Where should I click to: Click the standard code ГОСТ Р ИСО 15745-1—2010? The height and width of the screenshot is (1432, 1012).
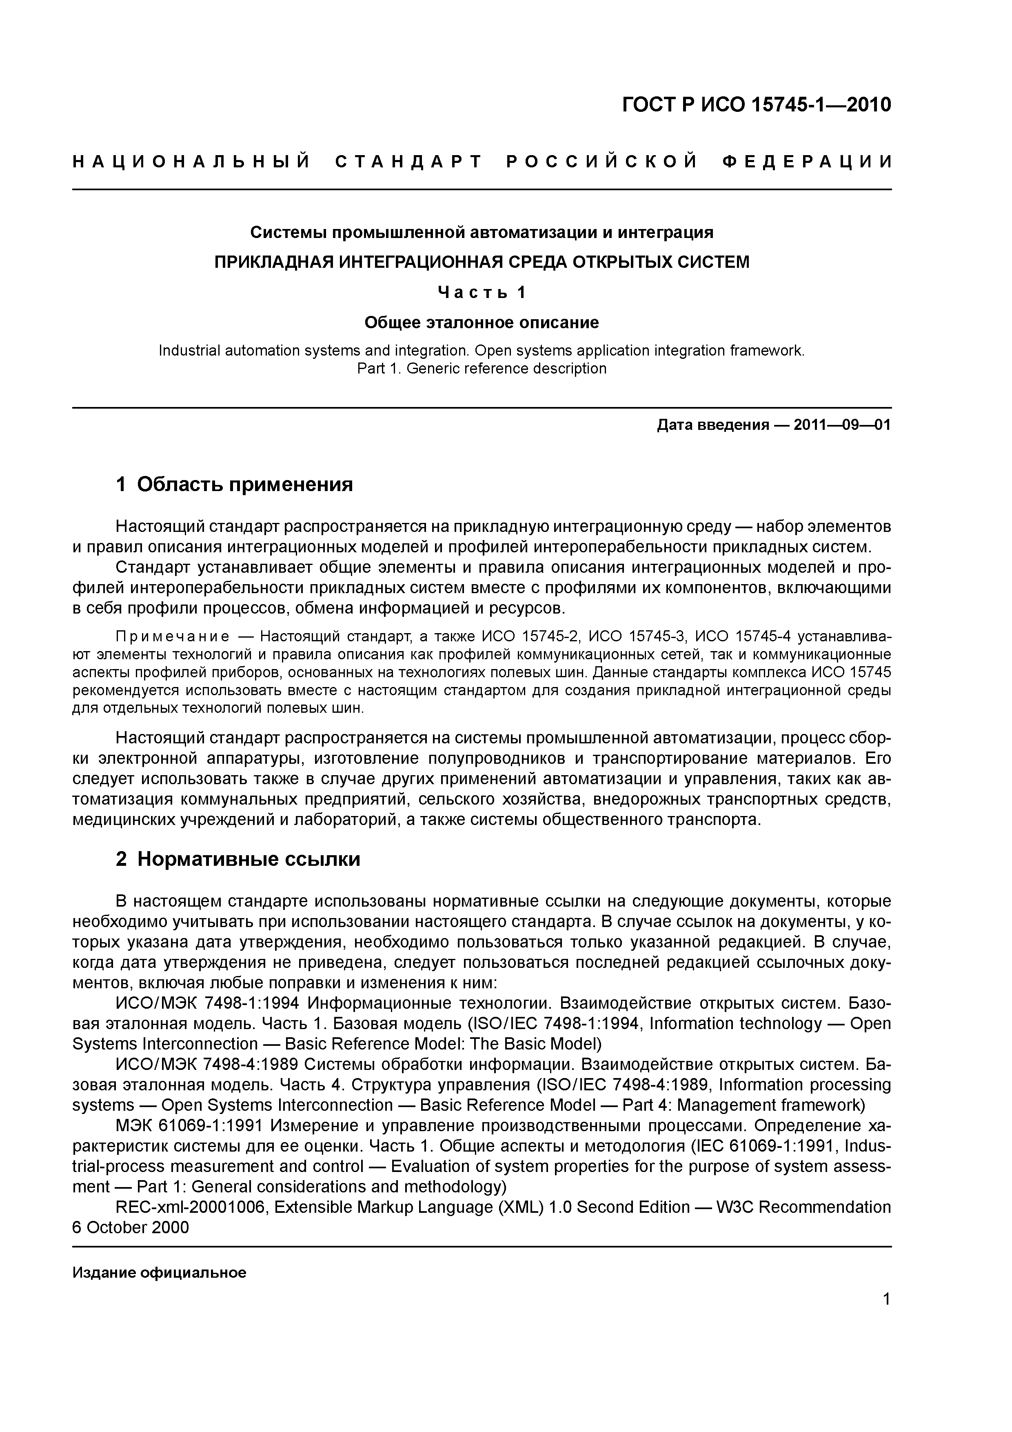[757, 105]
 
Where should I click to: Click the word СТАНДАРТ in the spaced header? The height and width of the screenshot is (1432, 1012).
[409, 162]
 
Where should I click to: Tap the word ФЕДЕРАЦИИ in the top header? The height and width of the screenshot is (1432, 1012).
[808, 162]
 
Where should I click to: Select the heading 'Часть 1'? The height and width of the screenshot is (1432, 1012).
[482, 292]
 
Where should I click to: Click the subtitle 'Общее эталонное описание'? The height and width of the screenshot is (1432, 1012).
[482, 322]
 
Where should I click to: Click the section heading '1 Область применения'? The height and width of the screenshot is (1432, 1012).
[235, 484]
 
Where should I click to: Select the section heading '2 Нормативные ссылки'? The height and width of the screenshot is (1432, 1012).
[238, 859]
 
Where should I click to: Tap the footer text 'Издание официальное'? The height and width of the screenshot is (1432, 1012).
[160, 1272]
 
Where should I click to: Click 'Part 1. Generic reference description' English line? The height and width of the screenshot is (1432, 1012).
[482, 369]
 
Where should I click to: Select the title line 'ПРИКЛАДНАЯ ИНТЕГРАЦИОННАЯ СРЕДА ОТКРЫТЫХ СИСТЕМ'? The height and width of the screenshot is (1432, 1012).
[482, 262]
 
